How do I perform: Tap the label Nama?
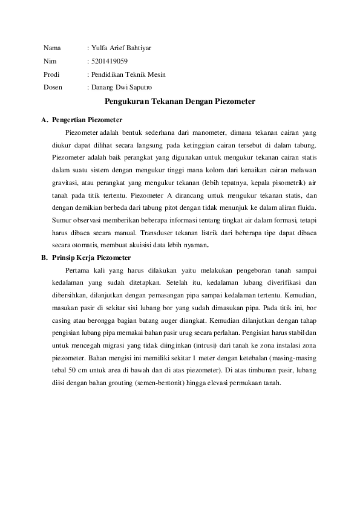pos(52,47)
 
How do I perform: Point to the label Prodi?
pos(52,74)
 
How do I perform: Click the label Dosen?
pos(53,87)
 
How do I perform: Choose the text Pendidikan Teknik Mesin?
pos(128,74)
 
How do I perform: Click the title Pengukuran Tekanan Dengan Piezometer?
pos(180,103)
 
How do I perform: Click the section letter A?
pos(44,120)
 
